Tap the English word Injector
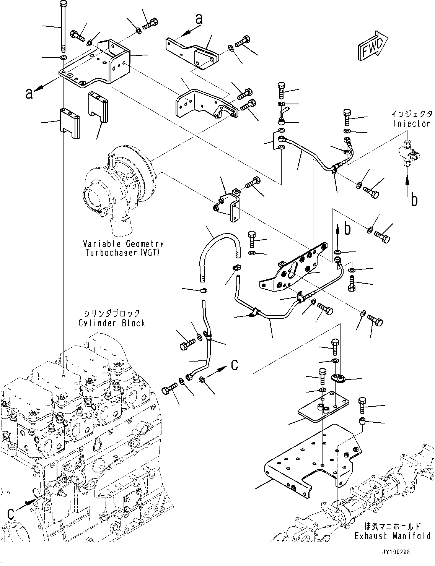tap(412, 123)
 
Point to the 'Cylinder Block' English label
tap(112, 323)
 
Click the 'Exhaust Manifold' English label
tap(393, 536)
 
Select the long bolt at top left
tap(63, 27)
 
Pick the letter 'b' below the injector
tap(414, 199)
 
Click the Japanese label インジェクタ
tap(412, 114)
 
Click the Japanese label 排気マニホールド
tap(393, 526)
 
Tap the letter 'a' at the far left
tap(29, 93)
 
